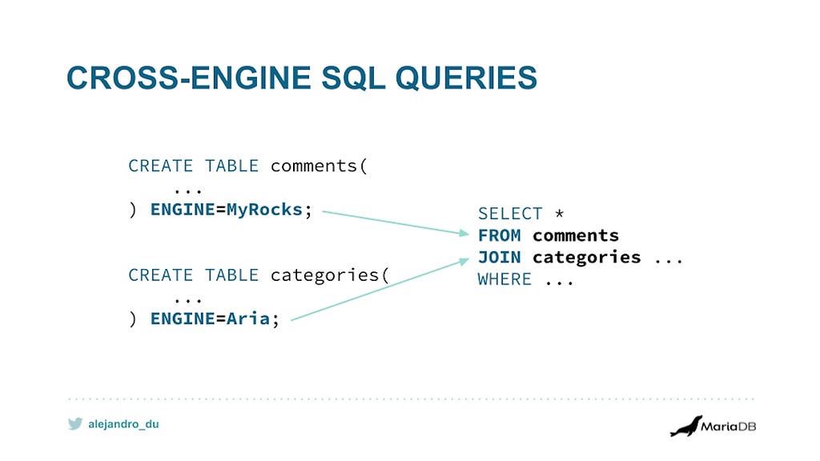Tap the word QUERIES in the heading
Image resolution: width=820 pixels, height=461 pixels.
point(466,78)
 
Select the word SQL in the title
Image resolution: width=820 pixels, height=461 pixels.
point(353,78)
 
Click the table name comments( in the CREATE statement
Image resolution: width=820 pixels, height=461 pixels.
point(319,166)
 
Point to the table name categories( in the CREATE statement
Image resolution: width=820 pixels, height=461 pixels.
point(330,275)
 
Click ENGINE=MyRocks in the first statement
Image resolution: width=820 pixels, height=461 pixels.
point(227,210)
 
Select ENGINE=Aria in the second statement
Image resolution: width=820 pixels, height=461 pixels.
point(211,319)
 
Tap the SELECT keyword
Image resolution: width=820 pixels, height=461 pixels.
point(510,213)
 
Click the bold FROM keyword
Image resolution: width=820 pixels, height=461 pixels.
point(500,235)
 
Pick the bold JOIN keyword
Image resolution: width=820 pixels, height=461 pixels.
point(500,257)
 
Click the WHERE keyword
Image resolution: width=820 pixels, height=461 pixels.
point(504,279)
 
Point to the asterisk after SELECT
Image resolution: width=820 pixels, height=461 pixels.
point(559,213)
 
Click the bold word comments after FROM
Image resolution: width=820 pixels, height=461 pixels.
point(576,236)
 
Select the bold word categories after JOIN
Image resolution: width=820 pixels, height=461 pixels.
point(586,258)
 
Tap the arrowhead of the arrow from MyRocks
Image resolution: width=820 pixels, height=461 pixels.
point(464,233)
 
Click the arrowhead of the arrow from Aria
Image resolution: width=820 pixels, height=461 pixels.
point(464,261)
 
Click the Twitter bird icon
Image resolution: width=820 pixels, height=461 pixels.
point(75,423)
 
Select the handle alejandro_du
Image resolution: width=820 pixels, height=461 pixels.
point(123,424)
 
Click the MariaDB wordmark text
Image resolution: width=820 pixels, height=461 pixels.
point(729,426)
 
